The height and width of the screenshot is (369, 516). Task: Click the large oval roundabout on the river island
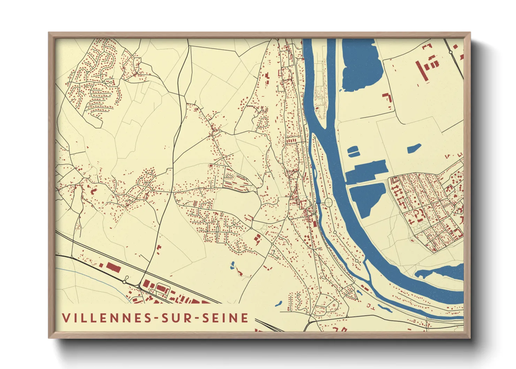[328, 202]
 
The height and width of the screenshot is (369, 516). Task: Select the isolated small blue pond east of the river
[414, 149]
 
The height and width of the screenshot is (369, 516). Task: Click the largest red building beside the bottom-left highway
[113, 268]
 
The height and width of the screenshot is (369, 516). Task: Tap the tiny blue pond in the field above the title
[232, 265]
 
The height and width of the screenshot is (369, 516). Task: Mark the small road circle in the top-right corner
[450, 52]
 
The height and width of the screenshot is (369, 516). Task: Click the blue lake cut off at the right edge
[443, 272]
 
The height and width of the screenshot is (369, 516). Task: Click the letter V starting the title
[65, 318]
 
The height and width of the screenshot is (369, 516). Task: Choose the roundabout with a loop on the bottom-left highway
[124, 281]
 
